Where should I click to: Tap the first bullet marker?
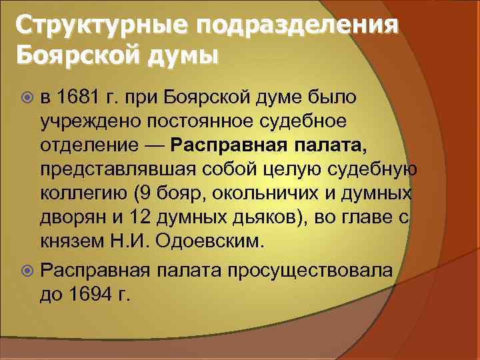[27, 98]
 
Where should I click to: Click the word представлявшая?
[107, 169]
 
